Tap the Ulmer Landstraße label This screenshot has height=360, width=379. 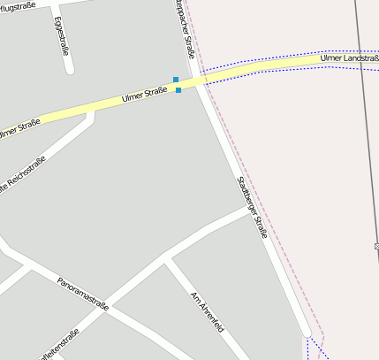coord(349,57)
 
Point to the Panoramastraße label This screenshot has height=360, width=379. coord(82,294)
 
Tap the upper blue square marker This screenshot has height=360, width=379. coord(176,80)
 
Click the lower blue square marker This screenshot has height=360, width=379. coord(178,89)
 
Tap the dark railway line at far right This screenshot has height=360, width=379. coord(365,133)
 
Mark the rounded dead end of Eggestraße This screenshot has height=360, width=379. coord(70,68)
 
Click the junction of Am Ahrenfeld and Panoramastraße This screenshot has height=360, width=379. coord(169,261)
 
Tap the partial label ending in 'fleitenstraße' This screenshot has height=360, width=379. coord(60,345)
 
